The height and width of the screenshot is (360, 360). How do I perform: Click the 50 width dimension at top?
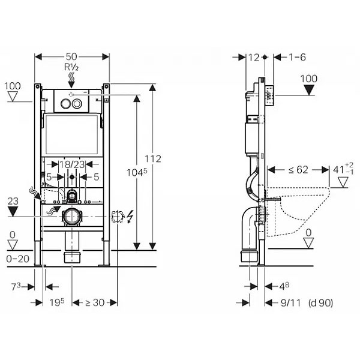point(71,56)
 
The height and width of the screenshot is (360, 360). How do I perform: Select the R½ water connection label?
point(71,67)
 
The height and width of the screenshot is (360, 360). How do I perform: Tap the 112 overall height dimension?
point(153,158)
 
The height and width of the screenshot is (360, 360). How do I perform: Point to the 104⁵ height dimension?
point(137,172)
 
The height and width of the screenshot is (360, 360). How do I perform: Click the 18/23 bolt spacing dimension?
point(72,164)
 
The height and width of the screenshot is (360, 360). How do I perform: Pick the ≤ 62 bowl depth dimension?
point(298,170)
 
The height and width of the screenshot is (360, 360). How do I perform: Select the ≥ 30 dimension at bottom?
point(95,302)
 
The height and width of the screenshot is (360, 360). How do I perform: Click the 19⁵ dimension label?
point(57,302)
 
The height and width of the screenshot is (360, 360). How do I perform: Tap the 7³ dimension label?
point(16,287)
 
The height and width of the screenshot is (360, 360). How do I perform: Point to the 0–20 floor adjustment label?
point(17,259)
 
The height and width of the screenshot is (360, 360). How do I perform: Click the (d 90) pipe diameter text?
point(321,303)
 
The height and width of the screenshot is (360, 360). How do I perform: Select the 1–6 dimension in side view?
point(297,57)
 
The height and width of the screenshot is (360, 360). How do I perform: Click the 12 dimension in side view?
point(254,58)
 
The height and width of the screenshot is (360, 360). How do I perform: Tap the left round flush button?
point(65,104)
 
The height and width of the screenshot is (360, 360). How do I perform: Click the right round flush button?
point(77,104)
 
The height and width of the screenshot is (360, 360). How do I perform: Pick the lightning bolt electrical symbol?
point(130,217)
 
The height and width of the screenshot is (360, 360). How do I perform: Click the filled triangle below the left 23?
point(13,211)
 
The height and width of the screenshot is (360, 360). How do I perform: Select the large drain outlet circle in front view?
point(71,216)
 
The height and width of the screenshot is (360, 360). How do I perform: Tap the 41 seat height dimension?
point(343,169)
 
